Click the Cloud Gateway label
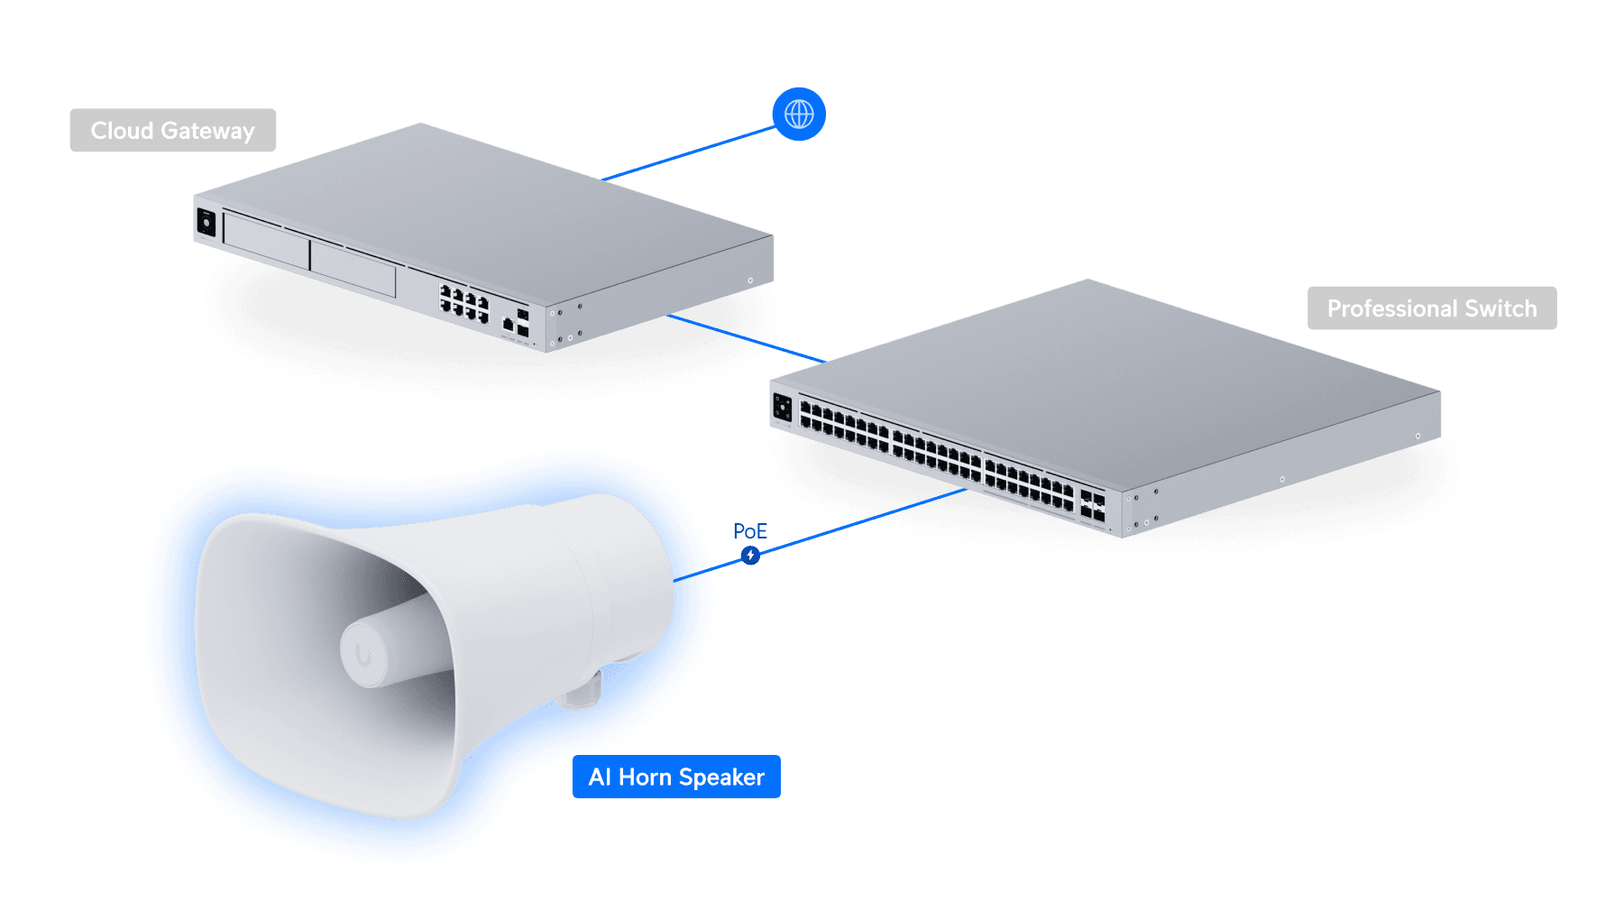click(x=173, y=131)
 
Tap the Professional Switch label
click(x=1432, y=308)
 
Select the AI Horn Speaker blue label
click(x=676, y=777)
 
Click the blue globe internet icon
click(x=799, y=115)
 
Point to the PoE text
click(x=750, y=531)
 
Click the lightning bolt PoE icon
click(x=750, y=556)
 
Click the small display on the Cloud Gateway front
click(x=206, y=223)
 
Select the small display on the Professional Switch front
click(x=782, y=408)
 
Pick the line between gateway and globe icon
click(x=689, y=153)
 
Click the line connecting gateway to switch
click(x=746, y=339)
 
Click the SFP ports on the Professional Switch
click(x=1092, y=505)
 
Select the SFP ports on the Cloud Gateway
click(x=522, y=324)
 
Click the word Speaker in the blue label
click(x=721, y=777)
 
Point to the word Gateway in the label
click(x=208, y=132)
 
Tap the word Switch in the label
click(x=1501, y=308)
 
